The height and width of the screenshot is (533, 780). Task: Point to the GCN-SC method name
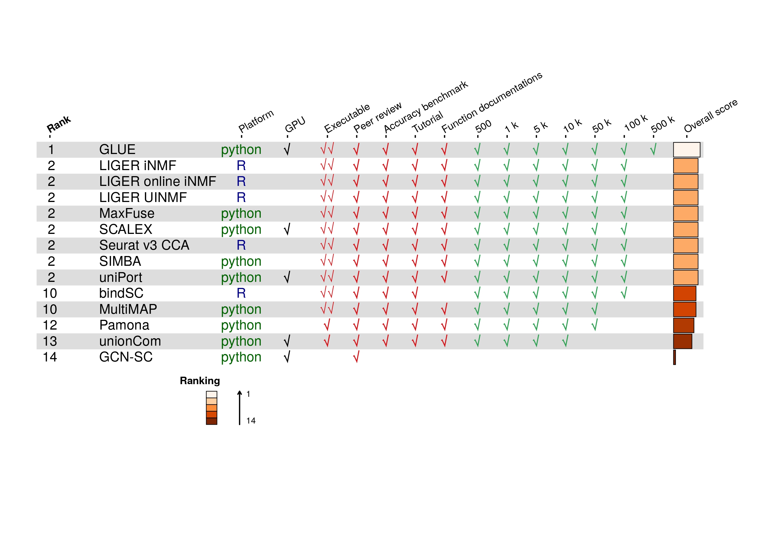[x=126, y=357]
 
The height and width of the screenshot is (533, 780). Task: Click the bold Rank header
[x=59, y=124]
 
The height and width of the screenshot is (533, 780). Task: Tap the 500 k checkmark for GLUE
[x=653, y=150]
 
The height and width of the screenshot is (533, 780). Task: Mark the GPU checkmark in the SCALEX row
[x=287, y=230]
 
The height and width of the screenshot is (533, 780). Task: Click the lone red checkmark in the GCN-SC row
[x=357, y=357]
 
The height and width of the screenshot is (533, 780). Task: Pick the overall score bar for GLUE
[x=686, y=150]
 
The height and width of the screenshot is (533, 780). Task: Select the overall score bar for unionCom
[x=682, y=341]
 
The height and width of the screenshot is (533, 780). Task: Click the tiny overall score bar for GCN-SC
[x=674, y=357]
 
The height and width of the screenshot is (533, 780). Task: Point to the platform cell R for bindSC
[x=241, y=293]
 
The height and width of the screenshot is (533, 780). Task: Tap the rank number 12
[x=50, y=325]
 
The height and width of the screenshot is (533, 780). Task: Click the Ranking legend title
[x=200, y=381]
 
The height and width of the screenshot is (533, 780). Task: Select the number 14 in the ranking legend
[x=251, y=421]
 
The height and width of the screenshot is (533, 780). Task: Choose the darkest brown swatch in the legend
[x=211, y=421]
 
